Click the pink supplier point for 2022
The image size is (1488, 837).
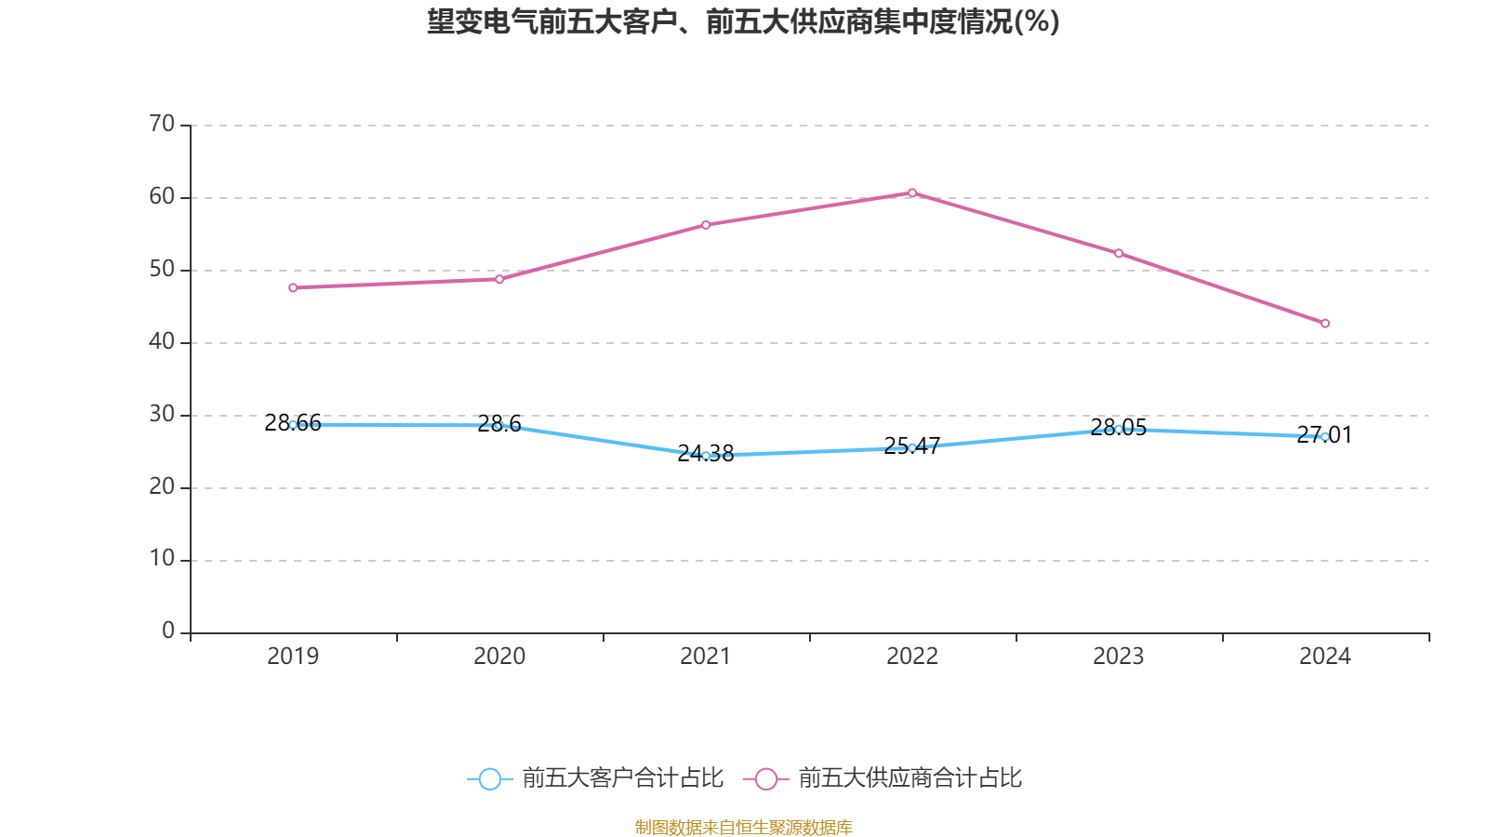(912, 193)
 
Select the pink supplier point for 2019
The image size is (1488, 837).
(293, 288)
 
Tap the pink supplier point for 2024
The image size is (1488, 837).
(1325, 324)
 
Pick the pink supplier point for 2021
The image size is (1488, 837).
(706, 225)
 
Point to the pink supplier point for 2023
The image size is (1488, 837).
(1119, 254)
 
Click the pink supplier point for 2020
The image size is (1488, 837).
(499, 279)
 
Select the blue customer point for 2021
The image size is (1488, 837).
(706, 456)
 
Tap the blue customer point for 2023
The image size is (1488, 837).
(1119, 430)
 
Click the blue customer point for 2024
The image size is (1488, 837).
(1325, 437)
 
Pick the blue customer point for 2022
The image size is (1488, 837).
(912, 448)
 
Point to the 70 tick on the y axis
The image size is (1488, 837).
(162, 124)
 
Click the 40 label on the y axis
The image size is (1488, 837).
(162, 341)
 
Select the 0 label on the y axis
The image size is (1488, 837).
(168, 631)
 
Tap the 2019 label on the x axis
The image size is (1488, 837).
(293, 657)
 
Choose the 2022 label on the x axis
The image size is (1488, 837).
(912, 657)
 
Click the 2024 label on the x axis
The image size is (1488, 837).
(1325, 657)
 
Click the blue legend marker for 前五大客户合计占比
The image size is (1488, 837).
(490, 779)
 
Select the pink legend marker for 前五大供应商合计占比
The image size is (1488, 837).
(766, 779)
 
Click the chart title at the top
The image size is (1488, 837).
(743, 21)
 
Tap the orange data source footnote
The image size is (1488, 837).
(743, 827)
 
